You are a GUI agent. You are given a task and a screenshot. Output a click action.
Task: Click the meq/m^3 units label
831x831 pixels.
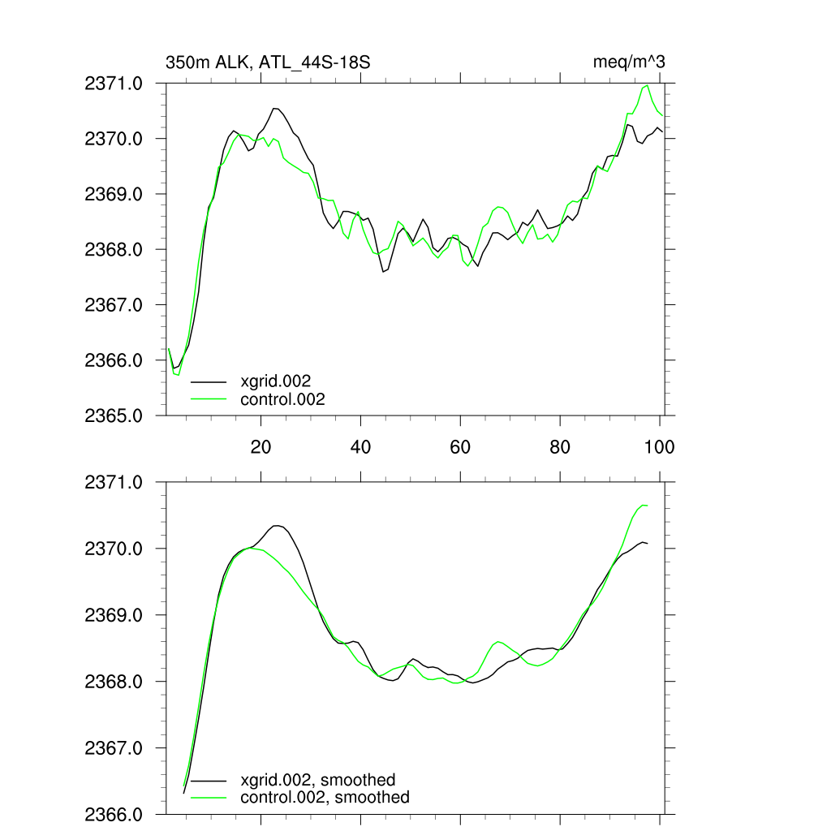(630, 62)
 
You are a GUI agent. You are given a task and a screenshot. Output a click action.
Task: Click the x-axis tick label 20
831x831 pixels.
(260, 446)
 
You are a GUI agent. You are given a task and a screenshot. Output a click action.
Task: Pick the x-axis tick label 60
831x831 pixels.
(460, 446)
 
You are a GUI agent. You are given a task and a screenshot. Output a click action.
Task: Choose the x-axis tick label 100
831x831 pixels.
(659, 446)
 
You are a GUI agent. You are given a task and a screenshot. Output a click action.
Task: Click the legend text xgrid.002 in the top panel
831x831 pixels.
(276, 380)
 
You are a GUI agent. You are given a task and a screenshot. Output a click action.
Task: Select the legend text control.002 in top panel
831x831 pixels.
(282, 399)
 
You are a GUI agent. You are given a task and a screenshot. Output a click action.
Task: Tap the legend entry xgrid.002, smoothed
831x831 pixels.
(318, 780)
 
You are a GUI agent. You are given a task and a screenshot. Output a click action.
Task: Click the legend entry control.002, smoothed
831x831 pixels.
(325, 798)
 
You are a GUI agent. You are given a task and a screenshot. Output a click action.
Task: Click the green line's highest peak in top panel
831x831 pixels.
(647, 85)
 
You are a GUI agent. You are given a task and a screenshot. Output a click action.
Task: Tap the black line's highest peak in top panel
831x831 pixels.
(275, 108)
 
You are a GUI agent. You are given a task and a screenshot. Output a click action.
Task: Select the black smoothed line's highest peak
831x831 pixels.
(277, 526)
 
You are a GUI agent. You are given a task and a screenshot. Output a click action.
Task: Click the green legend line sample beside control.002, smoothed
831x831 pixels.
(209, 798)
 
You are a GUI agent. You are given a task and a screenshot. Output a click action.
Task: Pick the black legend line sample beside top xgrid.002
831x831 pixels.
(209, 380)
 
